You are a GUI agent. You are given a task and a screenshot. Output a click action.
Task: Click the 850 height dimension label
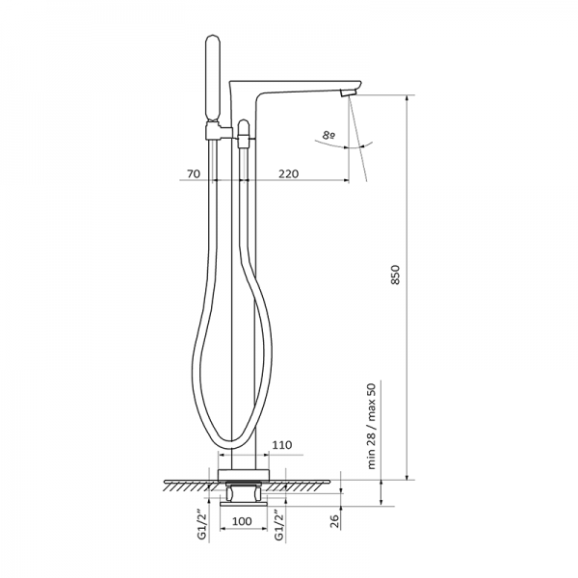tap(395, 275)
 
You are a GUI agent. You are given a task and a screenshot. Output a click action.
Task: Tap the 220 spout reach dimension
tap(288, 173)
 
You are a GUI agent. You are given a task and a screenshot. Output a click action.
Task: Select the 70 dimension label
tap(194, 173)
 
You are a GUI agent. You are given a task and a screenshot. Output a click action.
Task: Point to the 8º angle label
tap(328, 135)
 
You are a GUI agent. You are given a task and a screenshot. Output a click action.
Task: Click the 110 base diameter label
tap(282, 445)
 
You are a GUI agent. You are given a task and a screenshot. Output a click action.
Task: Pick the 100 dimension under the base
tap(242, 521)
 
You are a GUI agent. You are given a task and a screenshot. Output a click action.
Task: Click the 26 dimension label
tap(334, 521)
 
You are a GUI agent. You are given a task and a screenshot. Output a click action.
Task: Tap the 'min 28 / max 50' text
tap(372, 426)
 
